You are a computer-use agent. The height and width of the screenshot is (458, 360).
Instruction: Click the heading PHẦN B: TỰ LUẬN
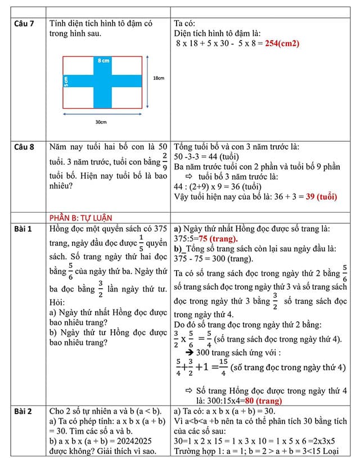point(80,218)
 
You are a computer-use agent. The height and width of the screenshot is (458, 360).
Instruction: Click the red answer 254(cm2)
point(281,43)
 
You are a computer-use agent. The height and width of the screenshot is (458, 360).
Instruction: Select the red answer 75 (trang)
point(215,238)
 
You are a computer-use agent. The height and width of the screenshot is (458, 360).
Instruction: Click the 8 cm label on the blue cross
point(102,60)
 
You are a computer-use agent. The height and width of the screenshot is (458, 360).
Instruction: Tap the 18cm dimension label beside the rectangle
point(159,79)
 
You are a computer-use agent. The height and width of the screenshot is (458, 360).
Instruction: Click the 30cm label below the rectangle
point(101,122)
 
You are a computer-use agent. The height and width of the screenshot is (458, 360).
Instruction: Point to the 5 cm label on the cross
point(66,81)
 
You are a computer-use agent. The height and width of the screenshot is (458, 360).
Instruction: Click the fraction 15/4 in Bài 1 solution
point(223,367)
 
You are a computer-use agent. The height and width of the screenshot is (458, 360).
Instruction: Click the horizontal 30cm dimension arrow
point(102,114)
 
